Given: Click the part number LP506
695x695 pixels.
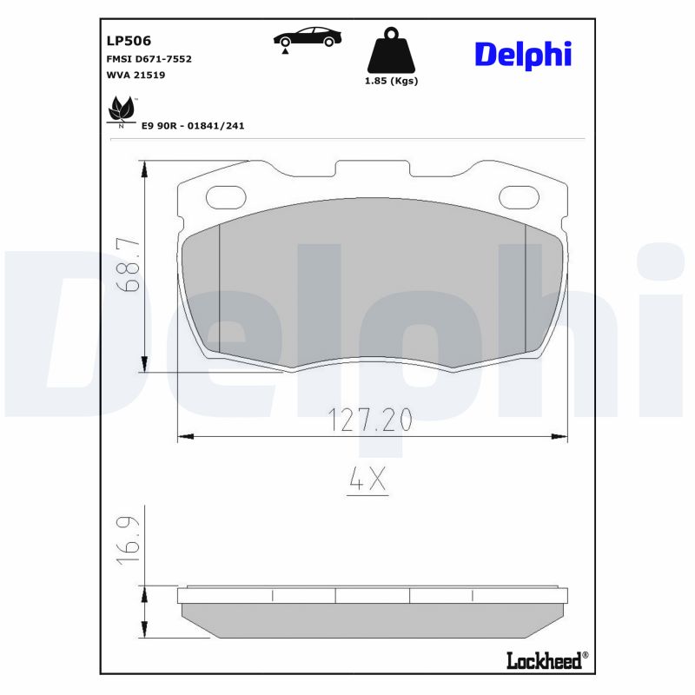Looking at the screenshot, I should coord(128,40).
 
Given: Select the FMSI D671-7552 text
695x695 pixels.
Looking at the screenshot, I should coord(149,58).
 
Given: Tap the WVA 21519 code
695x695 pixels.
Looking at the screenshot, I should coord(136,76).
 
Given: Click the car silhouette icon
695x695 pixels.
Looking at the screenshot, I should coord(308,37).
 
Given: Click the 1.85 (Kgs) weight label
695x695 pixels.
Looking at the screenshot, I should coord(391,81).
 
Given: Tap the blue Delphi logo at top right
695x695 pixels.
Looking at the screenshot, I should coord(522,54).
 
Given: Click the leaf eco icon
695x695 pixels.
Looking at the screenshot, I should coord(120,111).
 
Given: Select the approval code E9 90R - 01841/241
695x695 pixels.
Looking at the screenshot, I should coord(193,126).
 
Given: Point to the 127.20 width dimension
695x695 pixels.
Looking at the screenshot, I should coord(371,420).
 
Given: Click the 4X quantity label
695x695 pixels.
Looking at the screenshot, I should coord(367,480).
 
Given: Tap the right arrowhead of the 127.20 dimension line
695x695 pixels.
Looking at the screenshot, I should coord(562,435).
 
